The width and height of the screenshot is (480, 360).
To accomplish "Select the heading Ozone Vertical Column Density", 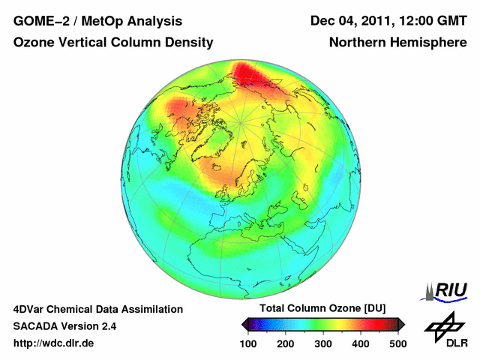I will pyautogui.click(x=112, y=43).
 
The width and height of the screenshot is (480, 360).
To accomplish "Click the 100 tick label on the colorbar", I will pyautogui.click(x=248, y=343).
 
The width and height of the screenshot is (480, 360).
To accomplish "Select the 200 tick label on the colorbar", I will pyautogui.click(x=285, y=343).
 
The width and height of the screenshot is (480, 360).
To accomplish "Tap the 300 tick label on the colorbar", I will pyautogui.click(x=322, y=343).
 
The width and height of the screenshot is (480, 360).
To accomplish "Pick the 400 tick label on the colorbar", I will pyautogui.click(x=360, y=343).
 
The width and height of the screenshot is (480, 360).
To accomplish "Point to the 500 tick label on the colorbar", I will pyautogui.click(x=397, y=343).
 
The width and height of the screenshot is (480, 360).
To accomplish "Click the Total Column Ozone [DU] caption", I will pyautogui.click(x=322, y=309).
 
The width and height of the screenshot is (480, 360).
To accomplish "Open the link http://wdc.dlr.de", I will pyautogui.click(x=54, y=343).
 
